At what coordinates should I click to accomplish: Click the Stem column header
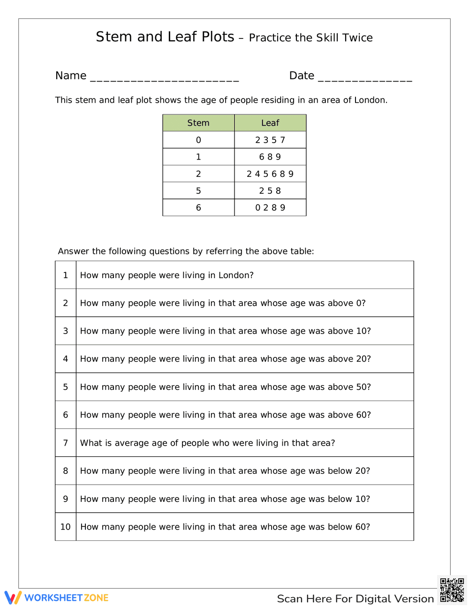coord(198,123)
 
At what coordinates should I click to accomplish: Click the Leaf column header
coord(270,123)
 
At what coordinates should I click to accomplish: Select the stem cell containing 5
coord(198,191)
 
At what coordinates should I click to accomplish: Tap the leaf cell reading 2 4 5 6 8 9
coord(270,174)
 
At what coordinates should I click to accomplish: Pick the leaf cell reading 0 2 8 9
coord(270,208)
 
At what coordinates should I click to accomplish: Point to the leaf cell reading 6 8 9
coord(270,157)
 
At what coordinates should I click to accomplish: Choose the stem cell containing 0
coord(198,140)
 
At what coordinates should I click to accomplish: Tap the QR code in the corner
coord(452,590)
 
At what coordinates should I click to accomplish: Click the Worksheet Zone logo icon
coord(13,598)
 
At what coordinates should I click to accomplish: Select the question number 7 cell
coord(66,443)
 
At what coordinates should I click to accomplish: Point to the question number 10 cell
coord(66,527)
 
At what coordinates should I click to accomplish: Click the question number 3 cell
coord(66,331)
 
